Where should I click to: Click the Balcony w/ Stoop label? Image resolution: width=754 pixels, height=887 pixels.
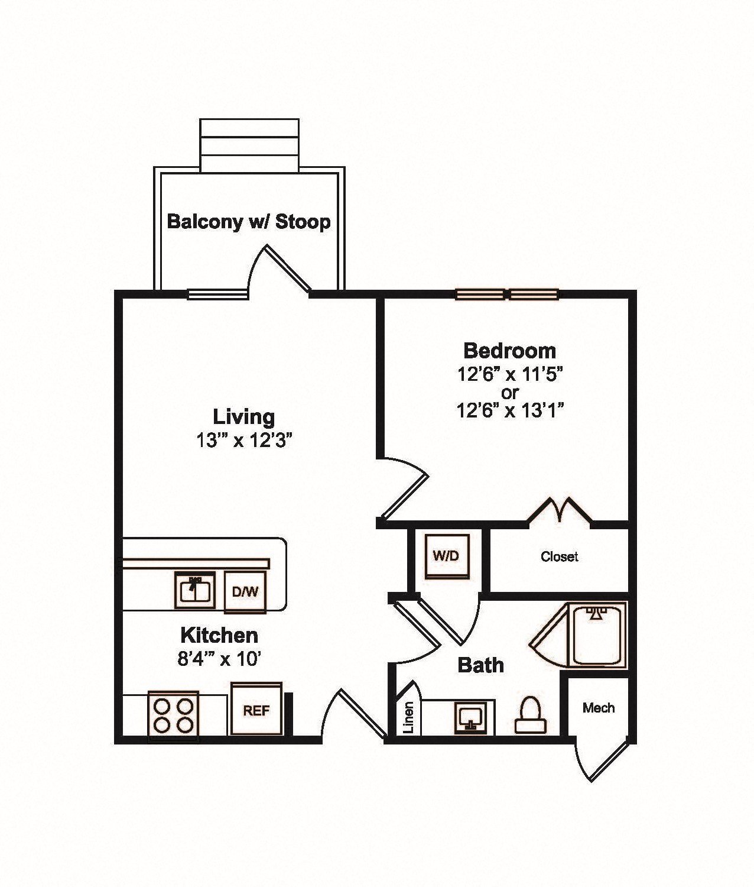click(249, 222)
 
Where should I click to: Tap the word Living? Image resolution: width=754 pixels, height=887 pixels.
click(244, 417)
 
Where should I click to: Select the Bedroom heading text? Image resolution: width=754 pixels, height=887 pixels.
click(509, 351)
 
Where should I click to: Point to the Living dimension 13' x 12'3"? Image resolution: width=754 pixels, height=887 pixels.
click(244, 441)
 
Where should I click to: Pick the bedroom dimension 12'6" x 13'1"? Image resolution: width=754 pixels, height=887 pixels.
click(509, 411)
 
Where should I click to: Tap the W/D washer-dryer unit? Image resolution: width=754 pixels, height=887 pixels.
click(447, 556)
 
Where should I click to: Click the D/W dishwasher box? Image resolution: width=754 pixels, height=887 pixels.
click(245, 592)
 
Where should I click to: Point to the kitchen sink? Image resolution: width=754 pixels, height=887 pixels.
click(195, 590)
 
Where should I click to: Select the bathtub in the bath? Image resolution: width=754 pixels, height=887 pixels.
click(597, 635)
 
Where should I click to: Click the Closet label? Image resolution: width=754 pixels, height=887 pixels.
click(559, 556)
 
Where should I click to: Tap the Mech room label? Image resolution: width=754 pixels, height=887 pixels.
click(599, 707)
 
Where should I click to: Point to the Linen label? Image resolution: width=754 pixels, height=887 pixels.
click(409, 717)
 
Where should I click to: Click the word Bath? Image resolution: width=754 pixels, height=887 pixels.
click(480, 665)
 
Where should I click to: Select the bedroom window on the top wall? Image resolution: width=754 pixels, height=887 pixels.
click(507, 294)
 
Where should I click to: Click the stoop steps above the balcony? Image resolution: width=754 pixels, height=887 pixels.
click(249, 145)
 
